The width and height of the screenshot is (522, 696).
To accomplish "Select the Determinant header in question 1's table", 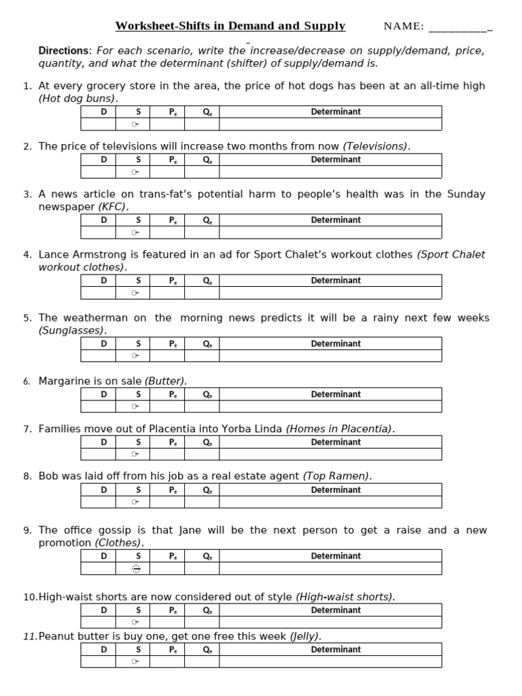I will (336, 111).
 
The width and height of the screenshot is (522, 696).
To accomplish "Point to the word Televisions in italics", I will (376, 146).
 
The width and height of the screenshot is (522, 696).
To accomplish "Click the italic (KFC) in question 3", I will (113, 207).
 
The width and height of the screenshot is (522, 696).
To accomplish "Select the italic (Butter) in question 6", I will (165, 381).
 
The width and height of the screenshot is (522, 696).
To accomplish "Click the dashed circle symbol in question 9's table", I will (135, 569).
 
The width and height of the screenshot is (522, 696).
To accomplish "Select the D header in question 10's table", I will (104, 610).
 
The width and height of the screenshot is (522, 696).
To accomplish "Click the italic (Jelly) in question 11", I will (306, 636).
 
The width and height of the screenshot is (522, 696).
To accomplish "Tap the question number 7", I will (27, 429).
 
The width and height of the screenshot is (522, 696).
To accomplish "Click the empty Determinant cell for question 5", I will (330, 355).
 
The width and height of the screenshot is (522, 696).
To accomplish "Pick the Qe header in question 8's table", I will (207, 489).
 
